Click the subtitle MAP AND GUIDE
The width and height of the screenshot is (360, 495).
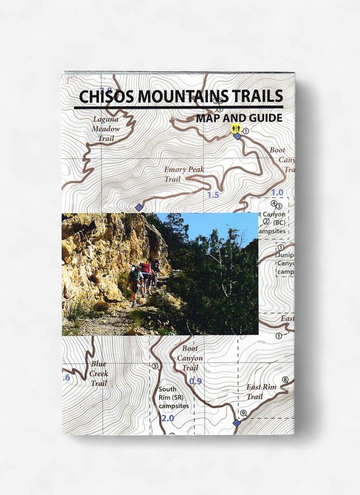pyautogui.click(x=239, y=118)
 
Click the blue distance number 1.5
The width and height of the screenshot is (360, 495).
pyautogui.click(x=213, y=195)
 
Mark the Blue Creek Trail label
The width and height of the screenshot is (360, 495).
pyautogui.click(x=98, y=374)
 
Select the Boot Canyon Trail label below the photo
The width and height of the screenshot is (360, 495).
pyautogui.click(x=190, y=358)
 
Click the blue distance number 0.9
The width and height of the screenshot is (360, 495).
pyautogui.click(x=195, y=381)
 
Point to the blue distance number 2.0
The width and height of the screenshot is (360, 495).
pyautogui.click(x=167, y=418)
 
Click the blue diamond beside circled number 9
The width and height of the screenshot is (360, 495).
pyautogui.click(x=236, y=423)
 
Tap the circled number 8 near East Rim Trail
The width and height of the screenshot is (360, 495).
pyautogui.click(x=285, y=380)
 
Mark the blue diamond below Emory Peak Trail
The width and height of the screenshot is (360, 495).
pyautogui.click(x=139, y=207)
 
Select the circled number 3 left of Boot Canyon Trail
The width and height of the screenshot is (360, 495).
pyautogui.click(x=154, y=366)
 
